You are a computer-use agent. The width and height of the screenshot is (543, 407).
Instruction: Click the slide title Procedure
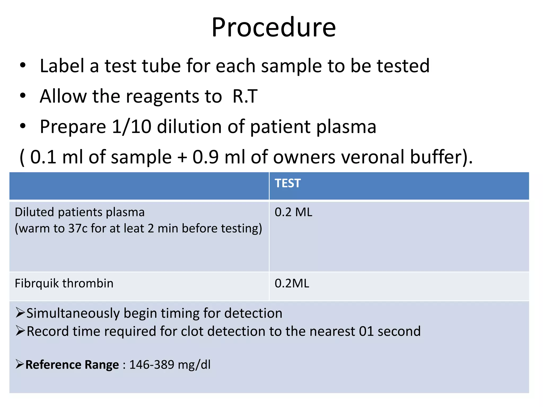pyautogui.click(x=274, y=28)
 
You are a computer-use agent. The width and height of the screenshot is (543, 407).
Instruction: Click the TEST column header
pyautogui.click(x=287, y=183)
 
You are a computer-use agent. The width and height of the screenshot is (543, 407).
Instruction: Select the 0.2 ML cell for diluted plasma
pyautogui.click(x=293, y=212)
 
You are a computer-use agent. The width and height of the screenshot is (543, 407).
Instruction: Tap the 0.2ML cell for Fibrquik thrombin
pyautogui.click(x=292, y=283)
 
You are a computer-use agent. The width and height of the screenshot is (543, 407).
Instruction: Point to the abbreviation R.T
pyautogui.click(x=245, y=96)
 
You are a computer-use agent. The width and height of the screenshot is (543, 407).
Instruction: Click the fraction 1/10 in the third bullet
pyautogui.click(x=132, y=127)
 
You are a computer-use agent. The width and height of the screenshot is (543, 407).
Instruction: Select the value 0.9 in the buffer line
pyautogui.click(x=205, y=157)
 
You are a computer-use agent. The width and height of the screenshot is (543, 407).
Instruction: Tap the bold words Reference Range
pyautogui.click(x=72, y=365)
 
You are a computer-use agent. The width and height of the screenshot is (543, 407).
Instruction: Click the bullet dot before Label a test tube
pyautogui.click(x=23, y=65)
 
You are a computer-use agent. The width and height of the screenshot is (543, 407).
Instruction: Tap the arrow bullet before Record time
pyautogui.click(x=20, y=331)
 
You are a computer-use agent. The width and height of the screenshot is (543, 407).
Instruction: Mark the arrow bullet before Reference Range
pyautogui.click(x=20, y=364)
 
